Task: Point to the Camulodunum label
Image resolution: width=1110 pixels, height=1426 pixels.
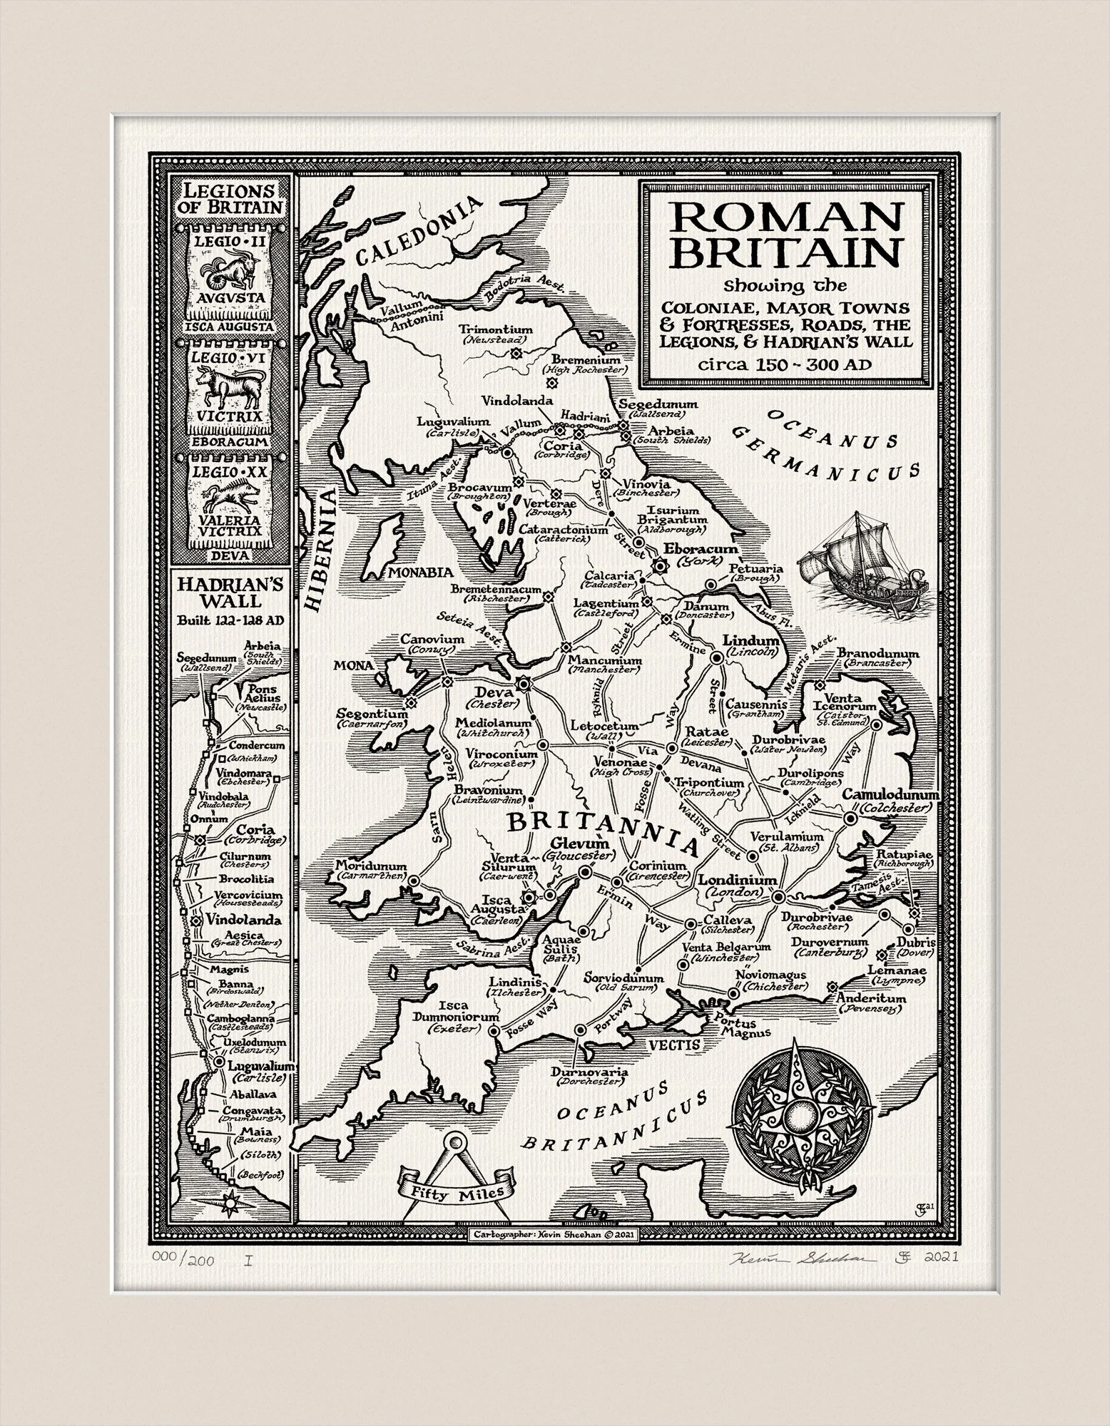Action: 891,794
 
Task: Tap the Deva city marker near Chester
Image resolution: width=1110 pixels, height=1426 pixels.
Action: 524,683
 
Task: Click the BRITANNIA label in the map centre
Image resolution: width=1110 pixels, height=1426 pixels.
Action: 601,830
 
